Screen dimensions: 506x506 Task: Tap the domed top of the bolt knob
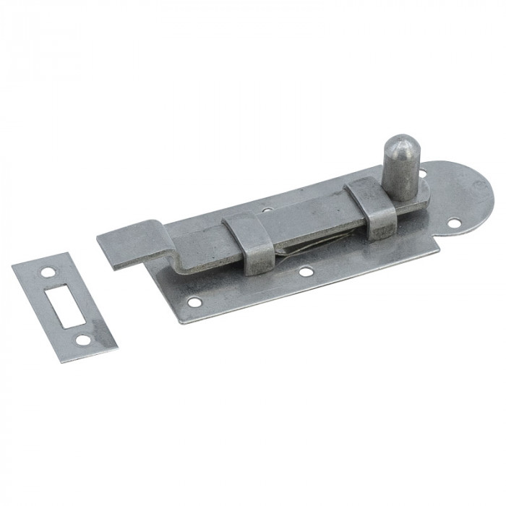[x=399, y=145]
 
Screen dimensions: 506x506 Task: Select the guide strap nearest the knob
[x=371, y=209]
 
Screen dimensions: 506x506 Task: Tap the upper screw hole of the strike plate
[x=48, y=273]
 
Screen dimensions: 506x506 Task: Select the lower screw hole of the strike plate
[x=84, y=339]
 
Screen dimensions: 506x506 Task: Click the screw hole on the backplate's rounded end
[x=453, y=223]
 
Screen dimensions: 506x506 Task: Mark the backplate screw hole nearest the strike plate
[x=193, y=302]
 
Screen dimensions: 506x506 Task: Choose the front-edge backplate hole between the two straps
[x=306, y=272]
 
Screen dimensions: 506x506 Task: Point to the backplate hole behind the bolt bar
[x=268, y=210]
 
